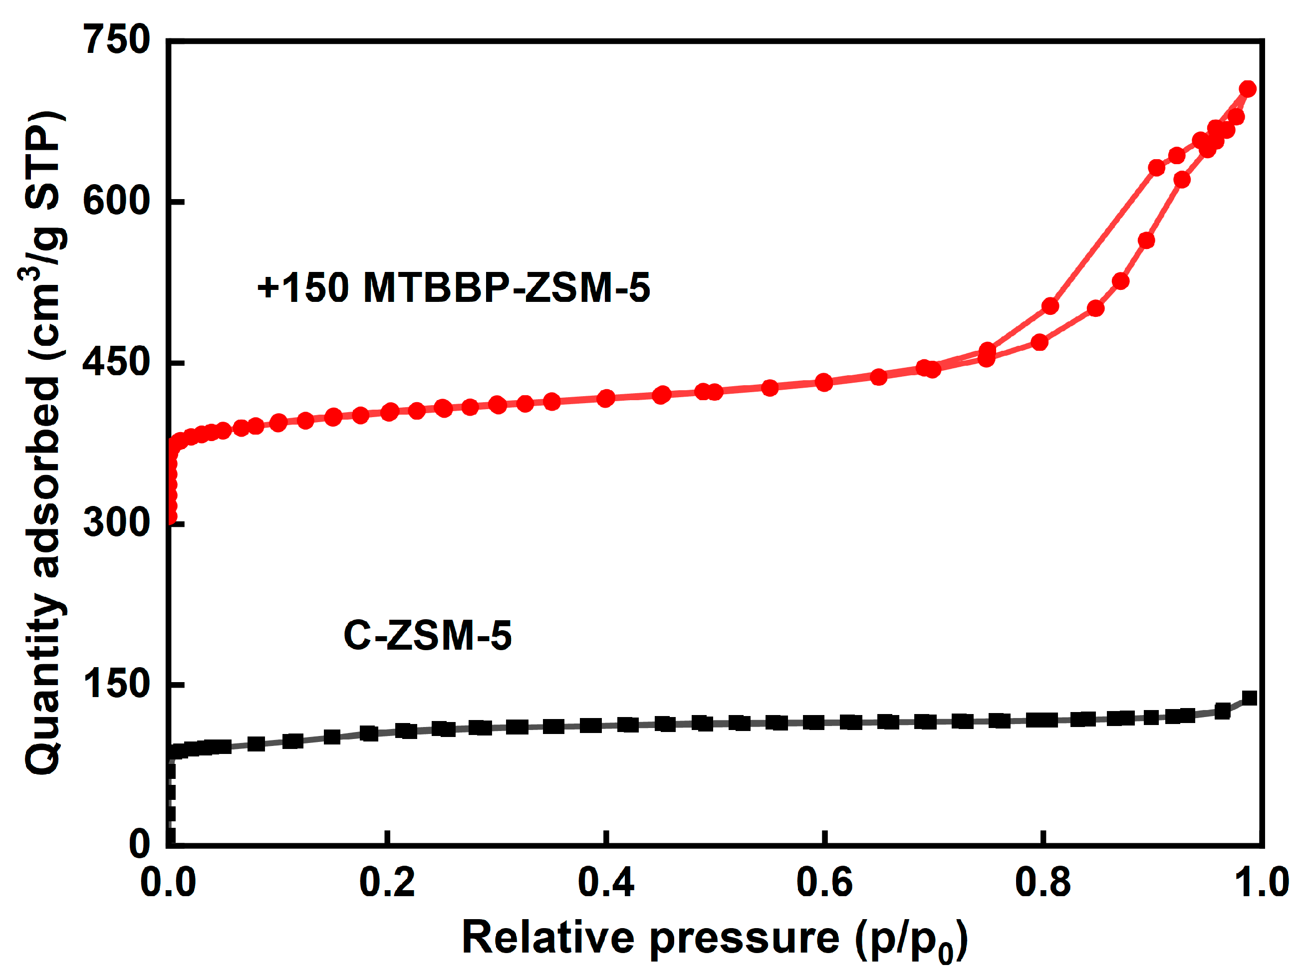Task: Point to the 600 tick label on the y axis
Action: pyautogui.click(x=116, y=201)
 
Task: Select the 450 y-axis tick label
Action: pyautogui.click(x=116, y=362)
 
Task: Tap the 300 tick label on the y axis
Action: pyautogui.click(x=116, y=523)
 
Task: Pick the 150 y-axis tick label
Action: pyautogui.click(x=116, y=684)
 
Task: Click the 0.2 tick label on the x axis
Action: pyautogui.click(x=387, y=883)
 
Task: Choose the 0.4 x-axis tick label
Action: pyautogui.click(x=606, y=883)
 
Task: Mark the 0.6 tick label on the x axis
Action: pyautogui.click(x=824, y=883)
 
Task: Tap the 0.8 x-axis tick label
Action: pyautogui.click(x=1043, y=883)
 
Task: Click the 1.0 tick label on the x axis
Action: pyautogui.click(x=1261, y=883)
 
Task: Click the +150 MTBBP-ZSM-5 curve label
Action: pyautogui.click(x=453, y=288)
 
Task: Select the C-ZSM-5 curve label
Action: pyautogui.click(x=427, y=636)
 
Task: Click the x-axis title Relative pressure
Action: pyautogui.click(x=714, y=938)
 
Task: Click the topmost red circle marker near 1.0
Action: pyautogui.click(x=1247, y=89)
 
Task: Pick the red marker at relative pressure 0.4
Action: pyautogui.click(x=606, y=398)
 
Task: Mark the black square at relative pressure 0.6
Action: pyautogui.click(x=814, y=722)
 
